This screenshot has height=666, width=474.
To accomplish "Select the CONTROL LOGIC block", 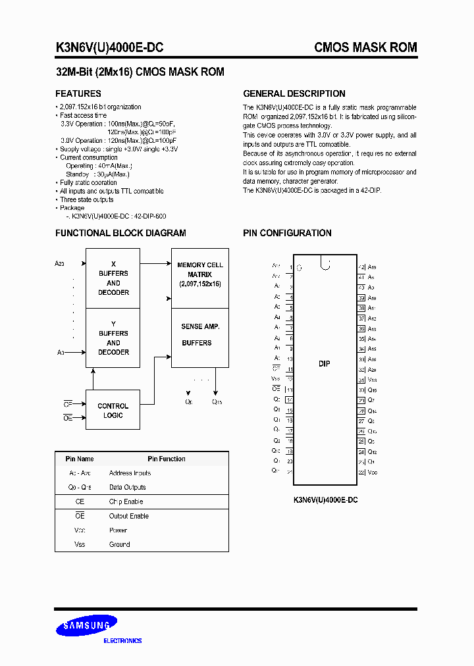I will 113,411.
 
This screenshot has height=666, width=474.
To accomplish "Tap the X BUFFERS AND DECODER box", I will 113,278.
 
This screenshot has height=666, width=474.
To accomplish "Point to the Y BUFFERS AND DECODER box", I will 113,338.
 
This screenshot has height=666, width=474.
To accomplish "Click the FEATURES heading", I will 78,93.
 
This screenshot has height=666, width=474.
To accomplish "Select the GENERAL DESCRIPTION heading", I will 294,93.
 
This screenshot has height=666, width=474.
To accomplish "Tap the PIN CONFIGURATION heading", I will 287,233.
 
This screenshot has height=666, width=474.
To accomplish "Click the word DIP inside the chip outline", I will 325,363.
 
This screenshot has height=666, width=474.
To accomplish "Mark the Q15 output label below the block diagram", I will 217,401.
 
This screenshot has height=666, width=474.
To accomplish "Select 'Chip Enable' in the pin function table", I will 126,501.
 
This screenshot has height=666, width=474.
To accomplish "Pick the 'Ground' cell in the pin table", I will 119,544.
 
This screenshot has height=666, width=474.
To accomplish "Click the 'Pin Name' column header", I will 80,459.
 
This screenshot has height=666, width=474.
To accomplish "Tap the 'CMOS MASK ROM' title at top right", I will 365,47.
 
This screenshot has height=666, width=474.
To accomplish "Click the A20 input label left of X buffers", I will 60,263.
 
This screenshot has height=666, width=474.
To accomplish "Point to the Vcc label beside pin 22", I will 373,472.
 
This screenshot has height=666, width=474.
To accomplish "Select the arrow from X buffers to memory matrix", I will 155,263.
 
